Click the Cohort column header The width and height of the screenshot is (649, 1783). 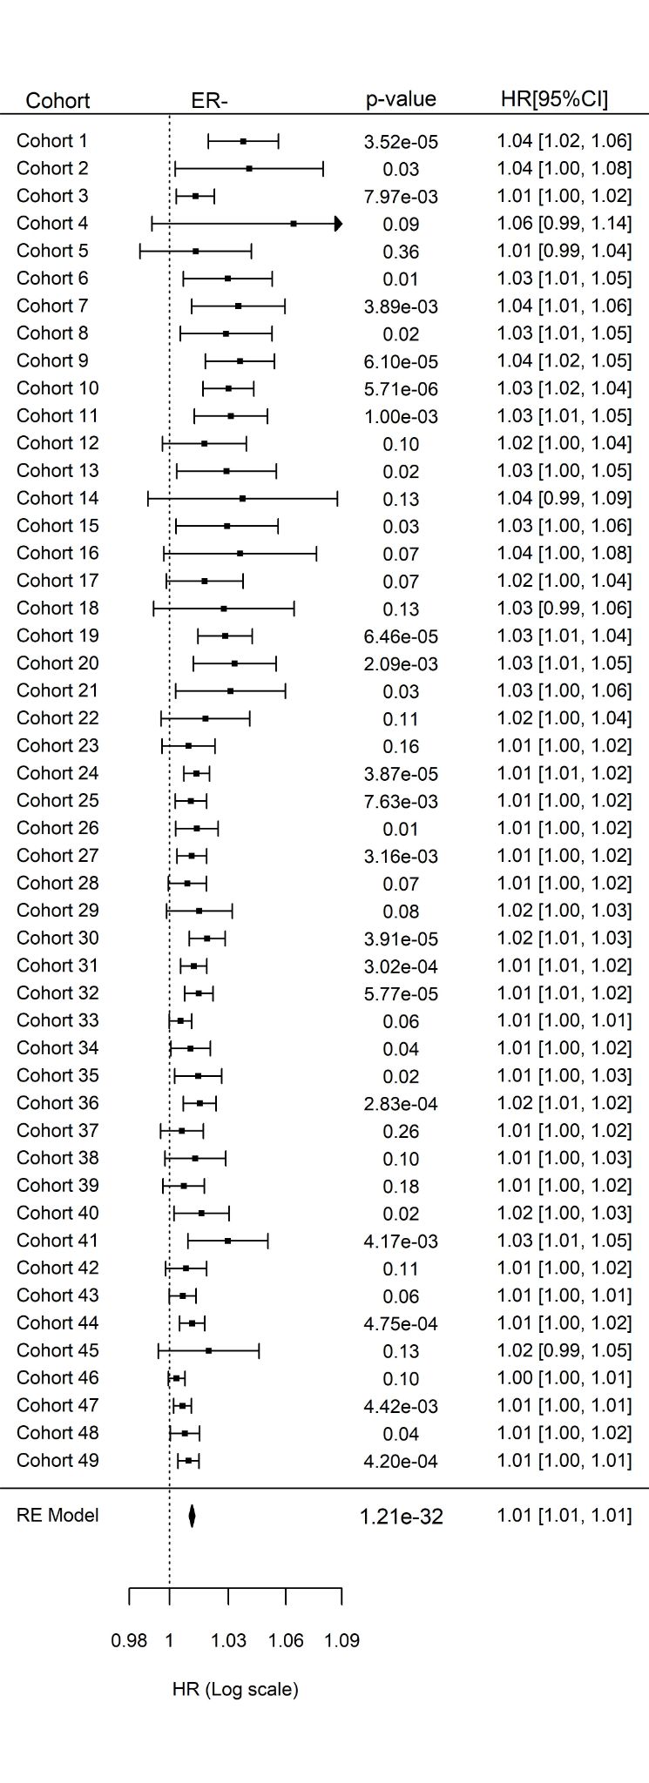pyautogui.click(x=57, y=100)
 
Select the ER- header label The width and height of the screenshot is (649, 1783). pyautogui.click(x=209, y=100)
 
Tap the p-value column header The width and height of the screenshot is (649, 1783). pyautogui.click(x=401, y=99)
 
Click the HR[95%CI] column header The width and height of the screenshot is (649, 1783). pyautogui.click(x=554, y=98)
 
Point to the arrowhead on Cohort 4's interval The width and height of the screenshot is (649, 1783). pyautogui.click(x=338, y=224)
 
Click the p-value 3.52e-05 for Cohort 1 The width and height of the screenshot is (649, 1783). pyautogui.click(x=401, y=142)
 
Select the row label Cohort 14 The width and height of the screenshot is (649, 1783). pyautogui.click(x=57, y=498)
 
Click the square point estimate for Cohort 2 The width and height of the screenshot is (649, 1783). pyautogui.click(x=249, y=169)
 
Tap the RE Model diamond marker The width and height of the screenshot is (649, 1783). pyautogui.click(x=192, y=1516)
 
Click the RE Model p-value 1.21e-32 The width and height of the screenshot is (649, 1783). pyautogui.click(x=401, y=1517)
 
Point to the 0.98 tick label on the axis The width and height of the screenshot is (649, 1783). pyautogui.click(x=129, y=1640)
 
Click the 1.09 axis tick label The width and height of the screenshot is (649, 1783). pyautogui.click(x=341, y=1640)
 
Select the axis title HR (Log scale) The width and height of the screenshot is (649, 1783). pyautogui.click(x=235, y=1689)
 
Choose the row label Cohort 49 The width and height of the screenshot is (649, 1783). pyautogui.click(x=57, y=1460)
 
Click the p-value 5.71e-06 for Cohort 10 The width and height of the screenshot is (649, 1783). pyautogui.click(x=401, y=389)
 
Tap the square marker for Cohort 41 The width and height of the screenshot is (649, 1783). pyautogui.click(x=227, y=1241)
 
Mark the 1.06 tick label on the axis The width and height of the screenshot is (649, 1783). pyautogui.click(x=286, y=1640)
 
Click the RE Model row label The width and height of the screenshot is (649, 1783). pyautogui.click(x=57, y=1515)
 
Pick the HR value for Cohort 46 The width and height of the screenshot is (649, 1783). pyautogui.click(x=564, y=1377)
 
